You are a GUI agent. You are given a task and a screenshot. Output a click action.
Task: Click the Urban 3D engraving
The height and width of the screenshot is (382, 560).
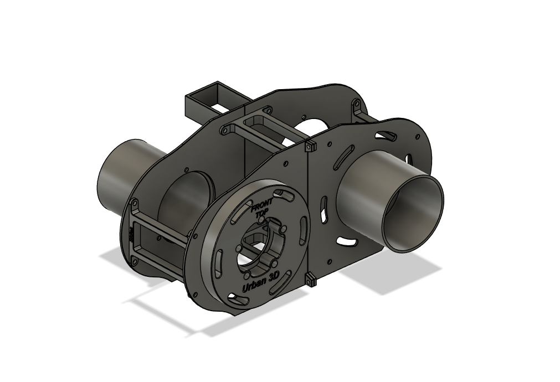click(x=261, y=282)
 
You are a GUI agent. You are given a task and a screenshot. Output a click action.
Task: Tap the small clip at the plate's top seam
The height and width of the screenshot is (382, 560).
click(x=309, y=146)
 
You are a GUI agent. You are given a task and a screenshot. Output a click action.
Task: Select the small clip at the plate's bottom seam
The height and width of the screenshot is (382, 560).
click(x=311, y=281)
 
